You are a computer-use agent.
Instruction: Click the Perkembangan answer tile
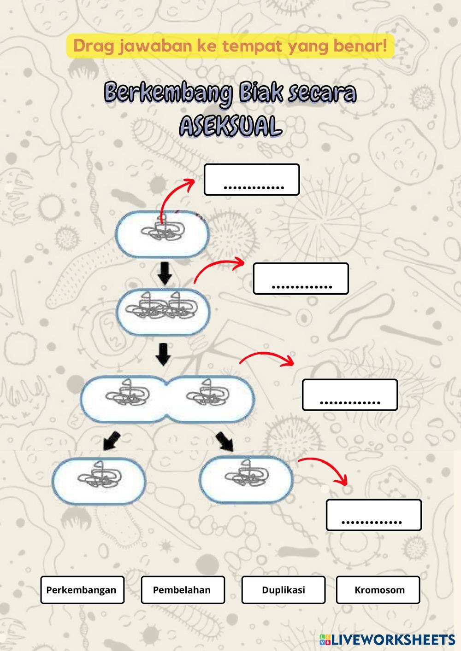click(82, 590)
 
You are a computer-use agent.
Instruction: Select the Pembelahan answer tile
click(183, 590)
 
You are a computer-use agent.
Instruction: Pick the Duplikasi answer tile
click(283, 590)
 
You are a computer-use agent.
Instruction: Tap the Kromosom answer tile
click(378, 590)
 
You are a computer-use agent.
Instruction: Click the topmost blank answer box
click(252, 180)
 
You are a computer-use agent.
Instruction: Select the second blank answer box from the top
click(301, 279)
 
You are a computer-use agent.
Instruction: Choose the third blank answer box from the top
click(349, 395)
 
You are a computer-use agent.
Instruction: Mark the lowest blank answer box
click(373, 515)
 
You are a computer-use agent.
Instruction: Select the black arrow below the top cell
click(165, 273)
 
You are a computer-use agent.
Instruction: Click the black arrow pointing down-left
click(111, 440)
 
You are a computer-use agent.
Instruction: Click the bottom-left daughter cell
click(99, 480)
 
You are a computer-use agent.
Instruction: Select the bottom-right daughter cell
click(246, 479)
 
